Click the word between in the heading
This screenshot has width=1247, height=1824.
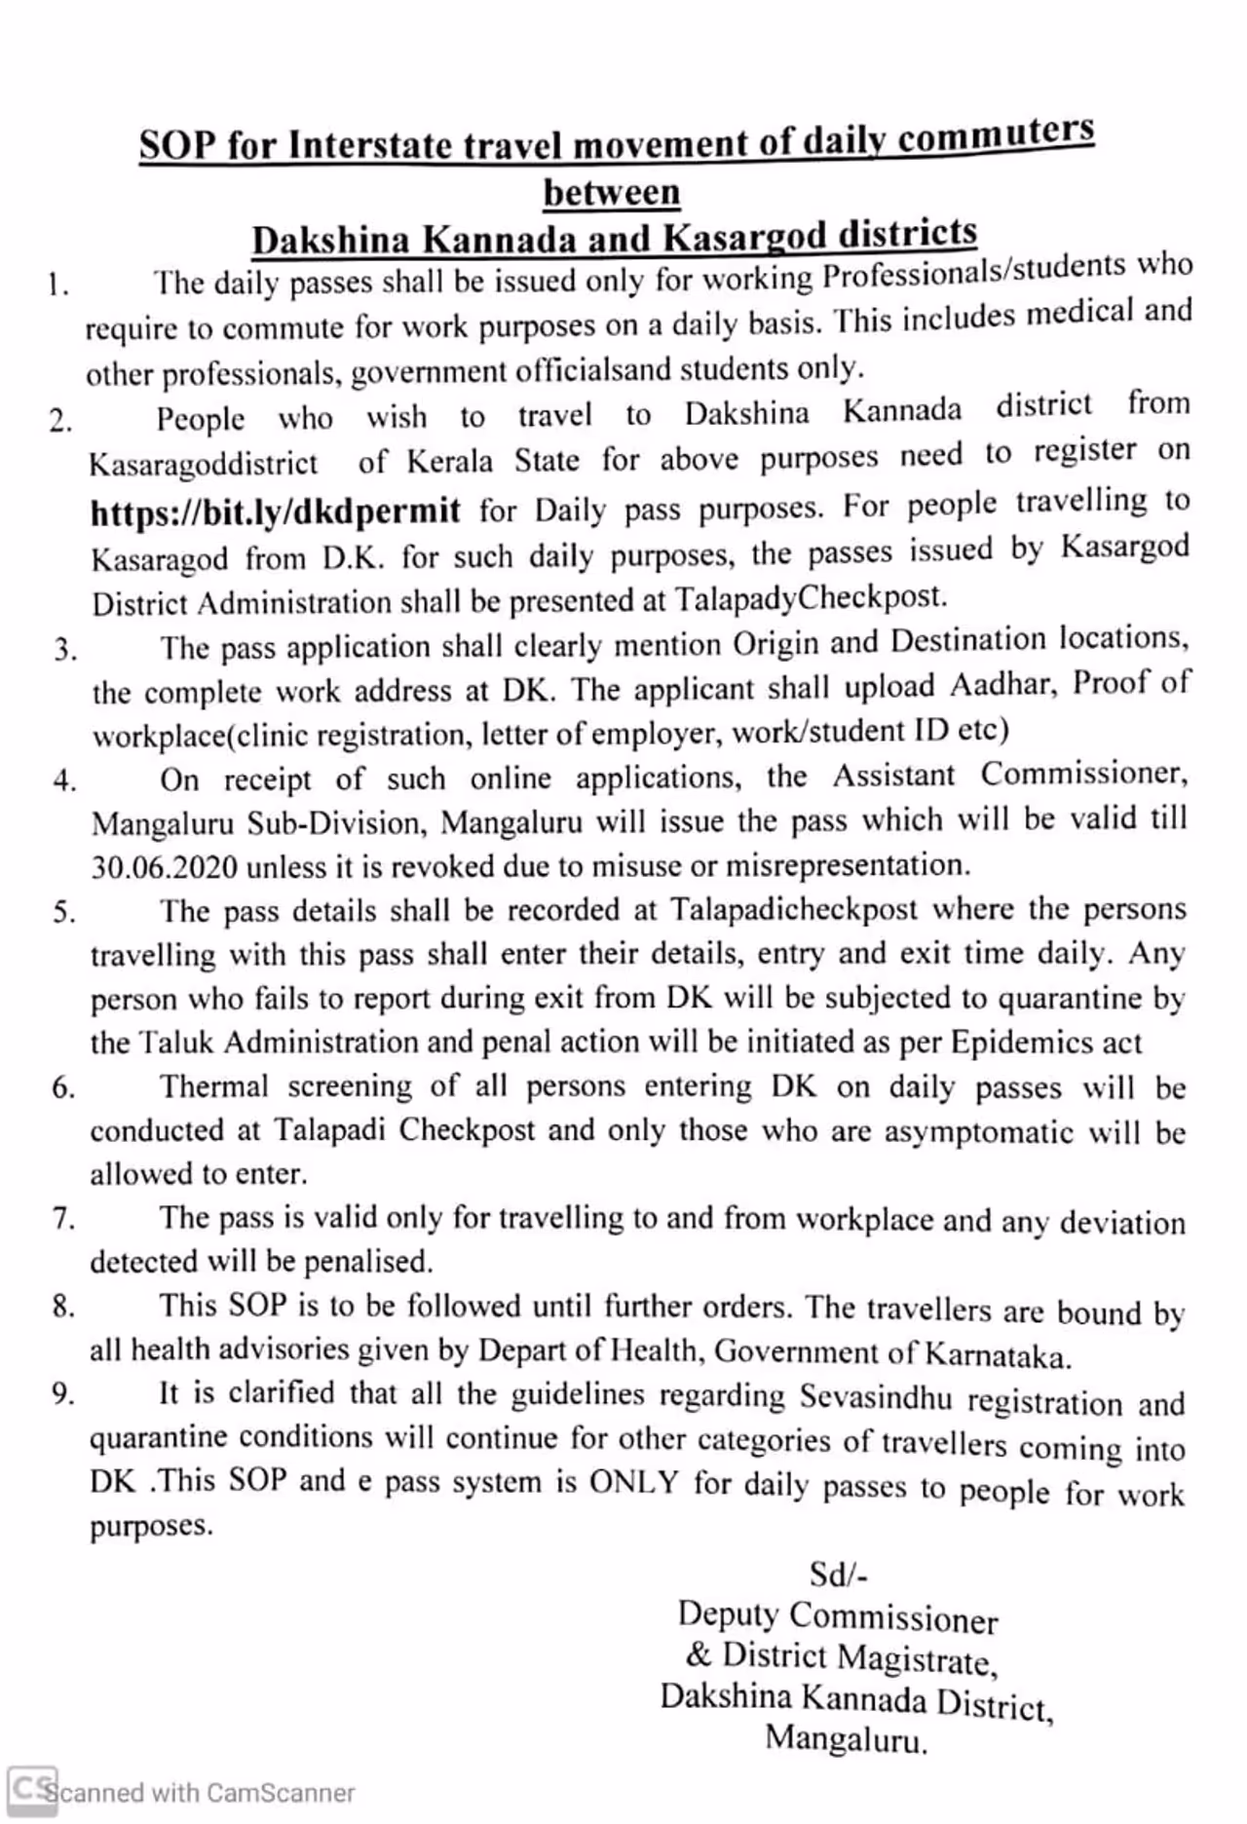pyautogui.click(x=612, y=193)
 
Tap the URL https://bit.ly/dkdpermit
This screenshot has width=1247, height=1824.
pyautogui.click(x=275, y=511)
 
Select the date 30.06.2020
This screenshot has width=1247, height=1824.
pyautogui.click(x=164, y=866)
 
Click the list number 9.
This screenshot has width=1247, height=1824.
pyautogui.click(x=63, y=1394)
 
